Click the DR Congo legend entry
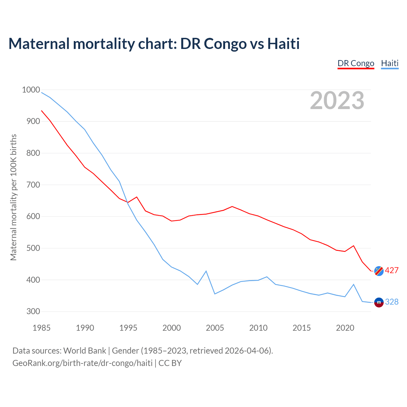(x=356, y=63)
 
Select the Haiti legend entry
(x=390, y=63)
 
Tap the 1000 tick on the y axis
(x=31, y=90)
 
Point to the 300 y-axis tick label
(x=33, y=311)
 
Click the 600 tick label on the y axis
(x=33, y=216)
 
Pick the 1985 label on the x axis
(x=41, y=328)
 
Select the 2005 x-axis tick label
(x=215, y=328)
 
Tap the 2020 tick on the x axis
(x=345, y=328)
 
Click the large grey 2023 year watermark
(x=337, y=100)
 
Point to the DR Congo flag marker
(x=379, y=271)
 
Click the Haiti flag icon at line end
(x=379, y=302)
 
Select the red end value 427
(x=392, y=270)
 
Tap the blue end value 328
(x=392, y=302)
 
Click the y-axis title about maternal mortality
(x=13, y=197)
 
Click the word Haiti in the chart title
(x=283, y=44)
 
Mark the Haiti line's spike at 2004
(x=206, y=271)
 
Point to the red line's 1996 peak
(x=137, y=197)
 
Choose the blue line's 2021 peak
(x=354, y=284)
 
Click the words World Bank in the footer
(x=85, y=350)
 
